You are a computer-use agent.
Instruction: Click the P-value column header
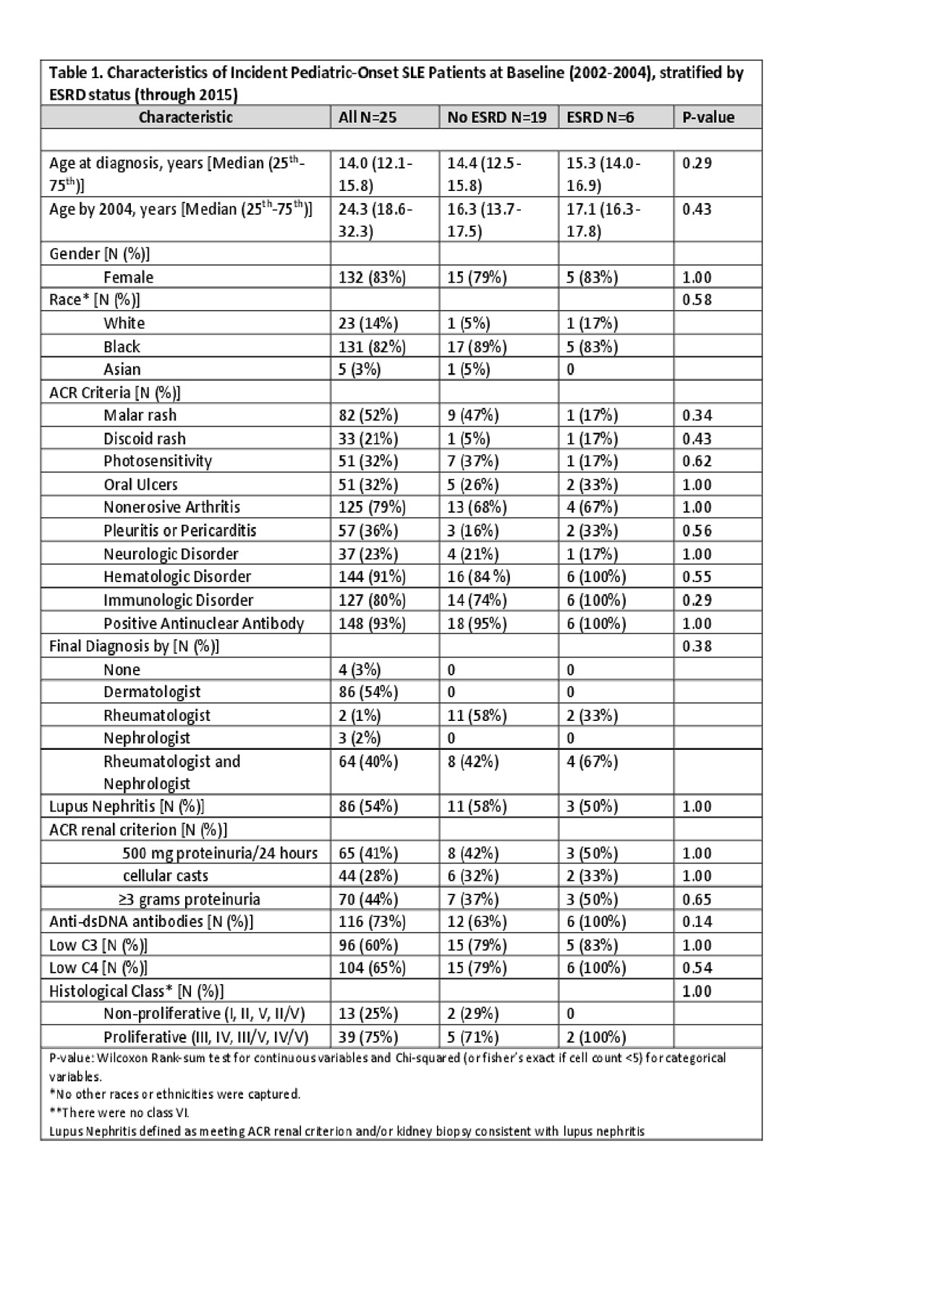click(708, 117)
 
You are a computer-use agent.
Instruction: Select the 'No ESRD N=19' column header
click(496, 117)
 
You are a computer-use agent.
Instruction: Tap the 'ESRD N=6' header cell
click(600, 117)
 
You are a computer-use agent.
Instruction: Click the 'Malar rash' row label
click(140, 415)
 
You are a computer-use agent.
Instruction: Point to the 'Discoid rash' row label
click(144, 438)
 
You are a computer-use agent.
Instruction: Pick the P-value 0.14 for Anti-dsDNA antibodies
click(697, 921)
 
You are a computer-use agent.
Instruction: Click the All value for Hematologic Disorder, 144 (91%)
click(372, 576)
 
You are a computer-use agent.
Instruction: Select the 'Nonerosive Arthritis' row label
click(171, 507)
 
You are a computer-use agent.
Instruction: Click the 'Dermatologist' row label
click(152, 692)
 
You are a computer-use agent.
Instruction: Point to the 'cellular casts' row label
click(166, 876)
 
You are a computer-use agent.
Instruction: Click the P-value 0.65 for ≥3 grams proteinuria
click(697, 899)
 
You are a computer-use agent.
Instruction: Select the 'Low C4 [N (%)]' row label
click(98, 968)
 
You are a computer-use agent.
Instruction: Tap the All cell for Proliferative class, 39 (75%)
click(368, 1037)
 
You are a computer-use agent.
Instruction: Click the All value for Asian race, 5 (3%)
click(360, 370)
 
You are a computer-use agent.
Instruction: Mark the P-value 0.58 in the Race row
click(697, 299)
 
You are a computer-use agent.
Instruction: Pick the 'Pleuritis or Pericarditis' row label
click(179, 530)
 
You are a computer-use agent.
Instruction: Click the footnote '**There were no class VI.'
click(119, 1113)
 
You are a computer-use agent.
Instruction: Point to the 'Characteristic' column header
click(186, 117)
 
